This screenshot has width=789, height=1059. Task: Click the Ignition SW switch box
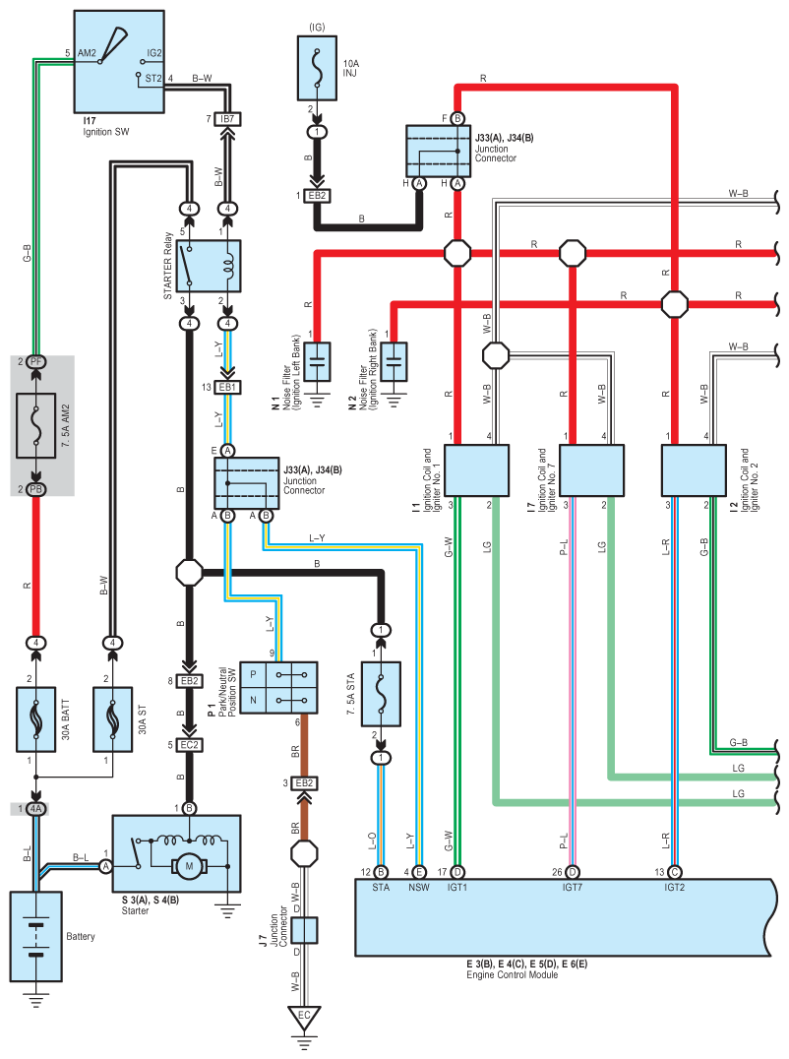coord(119,61)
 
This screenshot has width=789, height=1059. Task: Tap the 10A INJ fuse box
coord(317,68)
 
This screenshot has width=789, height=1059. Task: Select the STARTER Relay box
coord(209,266)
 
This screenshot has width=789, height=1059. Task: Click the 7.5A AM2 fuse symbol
coord(35,425)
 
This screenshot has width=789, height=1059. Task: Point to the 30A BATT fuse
coord(35,719)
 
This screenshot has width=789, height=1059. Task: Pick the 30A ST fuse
coord(113,719)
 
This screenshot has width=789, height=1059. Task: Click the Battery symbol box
coord(35,937)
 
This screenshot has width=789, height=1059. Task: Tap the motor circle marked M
coord(189,866)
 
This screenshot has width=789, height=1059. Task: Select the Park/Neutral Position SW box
coord(278,688)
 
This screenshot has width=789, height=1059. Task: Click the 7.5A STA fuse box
coord(381,694)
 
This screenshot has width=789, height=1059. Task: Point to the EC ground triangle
coord(304,1018)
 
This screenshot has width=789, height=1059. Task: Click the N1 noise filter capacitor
coord(317,362)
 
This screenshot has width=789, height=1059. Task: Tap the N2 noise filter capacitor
coord(394,362)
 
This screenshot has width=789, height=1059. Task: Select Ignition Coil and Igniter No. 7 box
coord(592,470)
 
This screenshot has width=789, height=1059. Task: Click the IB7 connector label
coord(227,119)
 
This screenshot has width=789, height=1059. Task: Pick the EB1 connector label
coord(227,387)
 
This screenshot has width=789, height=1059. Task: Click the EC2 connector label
coord(189,745)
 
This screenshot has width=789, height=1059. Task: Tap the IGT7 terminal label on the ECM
coord(573,887)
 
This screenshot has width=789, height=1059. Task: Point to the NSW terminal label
coord(418,887)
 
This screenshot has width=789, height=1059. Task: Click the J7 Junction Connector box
coord(304,930)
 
